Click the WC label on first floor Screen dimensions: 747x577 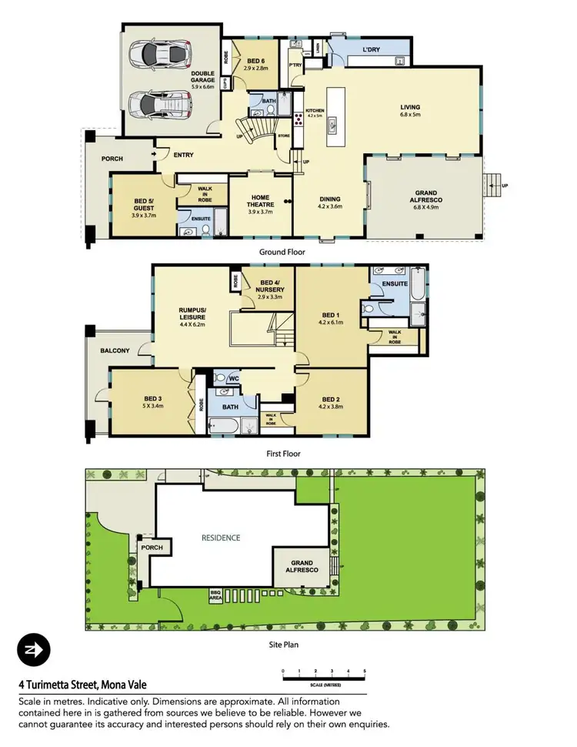point(235,378)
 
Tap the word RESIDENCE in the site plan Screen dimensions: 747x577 point(222,538)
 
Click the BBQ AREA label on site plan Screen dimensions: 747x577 point(215,595)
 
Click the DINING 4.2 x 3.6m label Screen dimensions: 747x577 point(331,203)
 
